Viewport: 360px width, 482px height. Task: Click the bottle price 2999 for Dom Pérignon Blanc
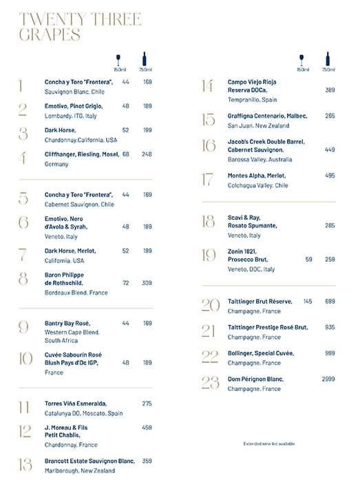[328, 379]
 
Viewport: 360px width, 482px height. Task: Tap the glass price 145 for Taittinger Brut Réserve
[307, 302]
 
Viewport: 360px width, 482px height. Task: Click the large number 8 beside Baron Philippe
[23, 279]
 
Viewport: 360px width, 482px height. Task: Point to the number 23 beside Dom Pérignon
[210, 383]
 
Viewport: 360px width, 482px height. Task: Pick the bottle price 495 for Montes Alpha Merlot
[330, 176]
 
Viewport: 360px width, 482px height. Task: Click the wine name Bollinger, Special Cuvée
[261, 353]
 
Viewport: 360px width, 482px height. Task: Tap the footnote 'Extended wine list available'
[269, 443]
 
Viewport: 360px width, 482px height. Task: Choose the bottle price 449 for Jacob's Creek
[330, 149]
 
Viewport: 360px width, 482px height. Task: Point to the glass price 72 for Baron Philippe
[126, 283]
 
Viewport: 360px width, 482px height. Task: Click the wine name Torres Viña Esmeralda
[76, 404]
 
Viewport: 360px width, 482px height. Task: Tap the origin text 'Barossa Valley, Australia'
[260, 159]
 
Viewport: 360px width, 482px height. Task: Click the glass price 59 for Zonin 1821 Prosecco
[308, 260]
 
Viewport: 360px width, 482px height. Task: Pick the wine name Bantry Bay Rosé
[67, 323]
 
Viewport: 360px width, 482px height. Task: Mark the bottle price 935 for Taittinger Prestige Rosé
[330, 327]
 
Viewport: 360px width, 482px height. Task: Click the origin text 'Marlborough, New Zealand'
[80, 470]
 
